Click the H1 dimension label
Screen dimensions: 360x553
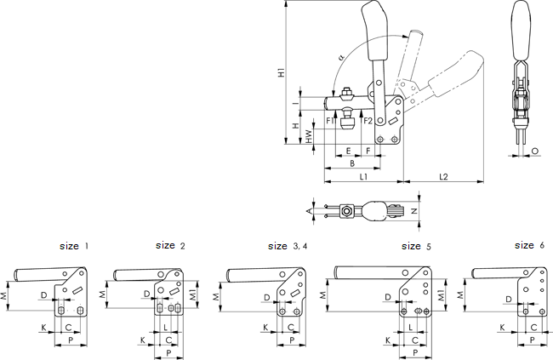pos(282,73)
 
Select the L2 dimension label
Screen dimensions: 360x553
pos(443,177)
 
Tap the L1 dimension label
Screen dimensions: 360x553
pos(363,177)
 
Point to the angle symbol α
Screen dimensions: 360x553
pos(340,57)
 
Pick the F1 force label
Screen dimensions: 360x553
pos(330,121)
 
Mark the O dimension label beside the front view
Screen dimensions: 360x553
pos(533,151)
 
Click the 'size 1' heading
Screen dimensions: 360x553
pos(74,245)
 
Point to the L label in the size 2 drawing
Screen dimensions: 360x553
pos(165,327)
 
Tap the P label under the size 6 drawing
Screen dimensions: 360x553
pos(533,339)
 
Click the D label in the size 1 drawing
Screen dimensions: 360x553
pos(43,295)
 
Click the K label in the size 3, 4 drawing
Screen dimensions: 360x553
pos(265,327)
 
